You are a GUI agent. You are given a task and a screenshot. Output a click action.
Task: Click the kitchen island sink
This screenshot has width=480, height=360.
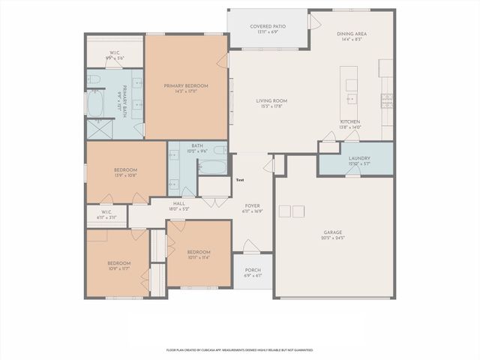[350, 98]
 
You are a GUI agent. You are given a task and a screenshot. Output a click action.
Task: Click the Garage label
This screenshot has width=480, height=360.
[333, 232]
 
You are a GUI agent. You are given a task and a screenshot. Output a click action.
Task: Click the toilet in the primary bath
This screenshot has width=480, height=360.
[93, 79]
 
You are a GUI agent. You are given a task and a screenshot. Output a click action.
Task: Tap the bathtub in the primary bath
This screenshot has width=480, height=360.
[96, 104]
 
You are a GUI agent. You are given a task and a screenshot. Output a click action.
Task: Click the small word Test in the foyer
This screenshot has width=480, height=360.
[240, 180]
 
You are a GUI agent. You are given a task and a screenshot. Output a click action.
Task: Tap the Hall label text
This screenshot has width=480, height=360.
[179, 203]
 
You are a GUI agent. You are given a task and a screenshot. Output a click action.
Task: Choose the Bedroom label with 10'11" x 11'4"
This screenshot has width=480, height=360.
[198, 252]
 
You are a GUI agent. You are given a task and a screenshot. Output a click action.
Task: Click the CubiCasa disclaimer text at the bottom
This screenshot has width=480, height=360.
[239, 349]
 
